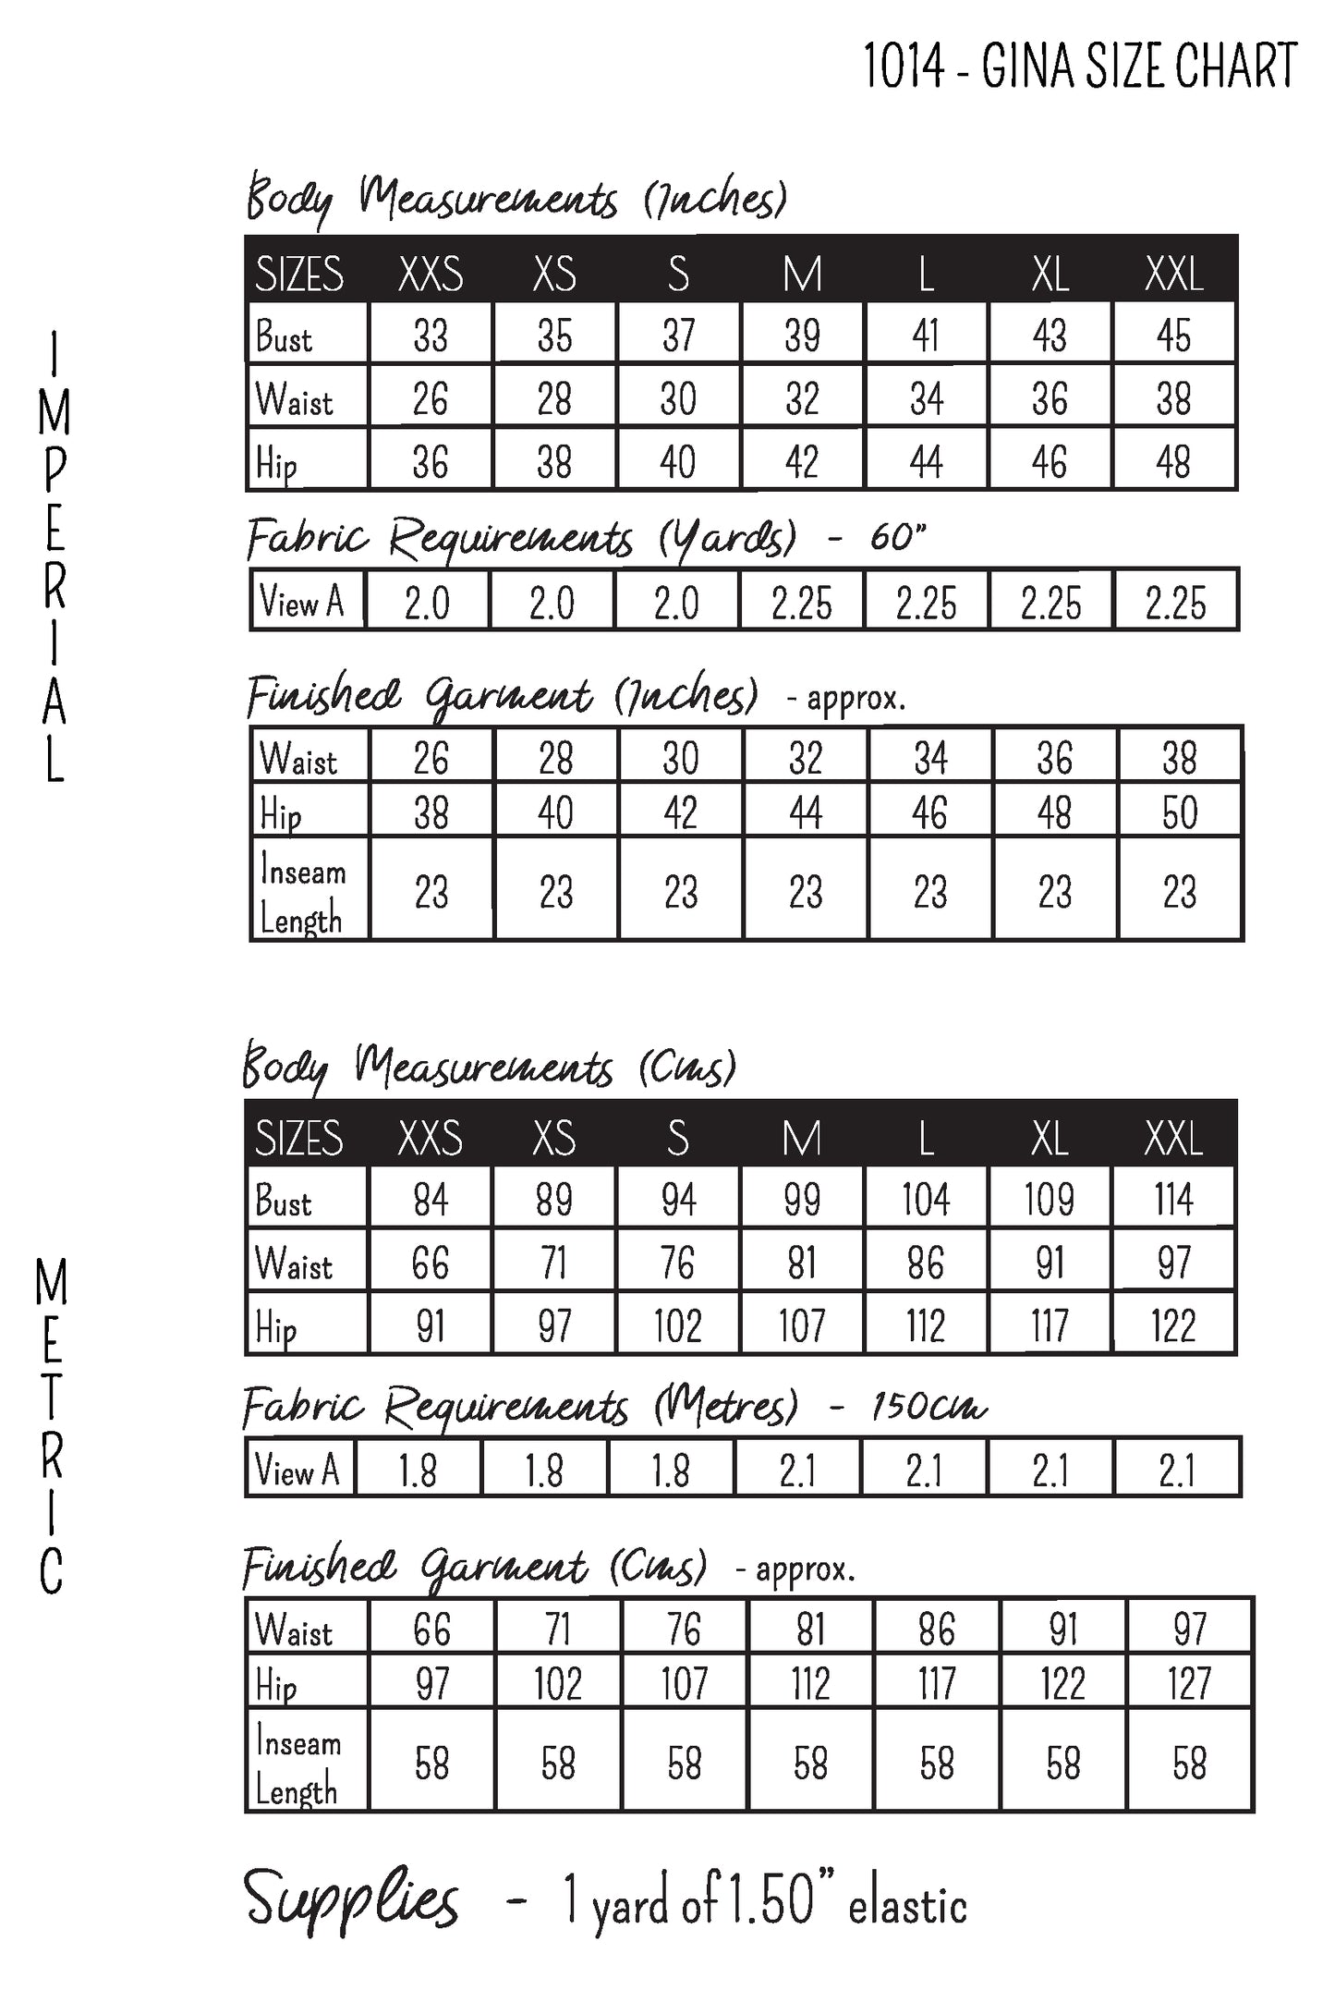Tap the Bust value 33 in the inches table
(431, 336)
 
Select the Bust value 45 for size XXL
(1173, 336)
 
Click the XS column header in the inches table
(554, 274)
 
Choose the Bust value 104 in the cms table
(926, 1200)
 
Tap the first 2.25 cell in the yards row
(801, 603)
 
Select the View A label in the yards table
(302, 602)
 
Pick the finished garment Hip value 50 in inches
(1180, 812)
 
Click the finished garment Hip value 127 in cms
(1189, 1682)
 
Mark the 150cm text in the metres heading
(928, 1406)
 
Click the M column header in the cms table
(801, 1138)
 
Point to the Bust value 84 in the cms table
(431, 1200)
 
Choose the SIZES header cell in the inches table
(299, 274)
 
